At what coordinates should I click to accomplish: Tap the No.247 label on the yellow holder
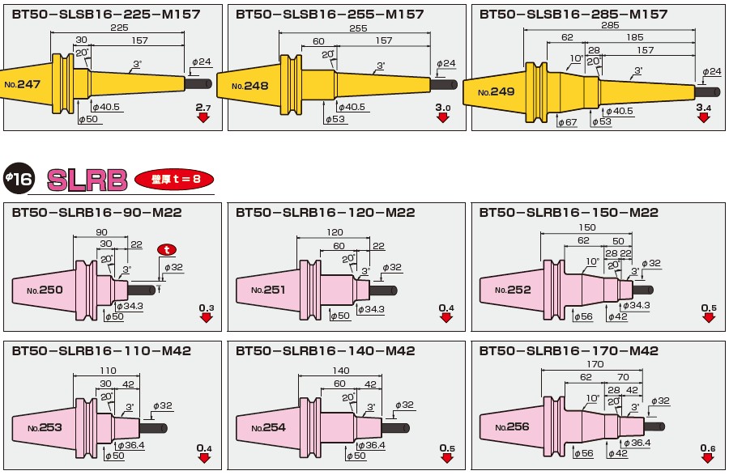[x=22, y=83]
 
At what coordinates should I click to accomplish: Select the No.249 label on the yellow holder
[x=496, y=92]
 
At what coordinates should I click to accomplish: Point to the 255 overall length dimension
[x=357, y=28]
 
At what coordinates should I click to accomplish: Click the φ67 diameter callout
[x=566, y=121]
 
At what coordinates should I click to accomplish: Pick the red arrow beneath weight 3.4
[x=704, y=118]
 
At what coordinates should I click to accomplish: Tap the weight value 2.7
[x=202, y=107]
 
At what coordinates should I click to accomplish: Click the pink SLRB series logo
[x=87, y=180]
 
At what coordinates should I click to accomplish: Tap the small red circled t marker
[x=167, y=250]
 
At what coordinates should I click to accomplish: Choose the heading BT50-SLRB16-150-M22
[x=569, y=213]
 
